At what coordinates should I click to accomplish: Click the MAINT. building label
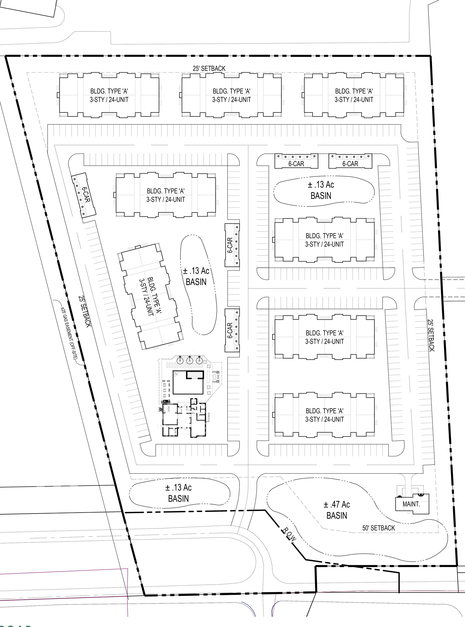coord(411,504)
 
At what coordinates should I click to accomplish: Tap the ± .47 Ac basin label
coord(337,510)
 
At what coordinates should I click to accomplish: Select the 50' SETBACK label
coord(379,528)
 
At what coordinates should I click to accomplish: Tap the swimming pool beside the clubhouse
coord(188,382)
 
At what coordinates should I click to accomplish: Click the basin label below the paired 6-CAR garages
coord(321,190)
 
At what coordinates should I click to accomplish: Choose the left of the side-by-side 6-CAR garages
coord(296,161)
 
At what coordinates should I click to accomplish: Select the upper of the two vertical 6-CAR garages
coord(232,245)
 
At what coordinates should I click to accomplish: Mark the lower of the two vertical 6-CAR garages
coord(232,330)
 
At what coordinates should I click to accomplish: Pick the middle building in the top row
coord(231,95)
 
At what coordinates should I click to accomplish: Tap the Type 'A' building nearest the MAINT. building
coord(325,415)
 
